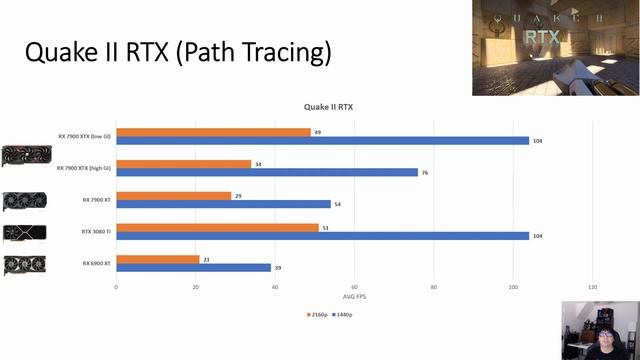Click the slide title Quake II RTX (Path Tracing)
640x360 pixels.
[177, 52]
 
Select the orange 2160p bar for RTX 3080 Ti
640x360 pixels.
[217, 227]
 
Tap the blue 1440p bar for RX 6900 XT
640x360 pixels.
[193, 267]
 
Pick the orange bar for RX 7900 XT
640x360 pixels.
[173, 196]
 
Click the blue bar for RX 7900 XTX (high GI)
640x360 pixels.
[266, 172]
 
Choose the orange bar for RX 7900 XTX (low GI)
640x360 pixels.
[213, 132]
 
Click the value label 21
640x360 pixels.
[206, 259]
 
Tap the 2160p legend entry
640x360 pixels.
[319, 314]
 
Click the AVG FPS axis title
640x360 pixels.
[354, 297]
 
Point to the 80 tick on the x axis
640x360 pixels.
[433, 287]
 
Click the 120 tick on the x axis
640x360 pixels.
[592, 287]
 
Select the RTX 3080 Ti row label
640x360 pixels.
[96, 231]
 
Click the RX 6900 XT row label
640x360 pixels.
[96, 263]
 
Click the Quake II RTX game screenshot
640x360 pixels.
[555, 48]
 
